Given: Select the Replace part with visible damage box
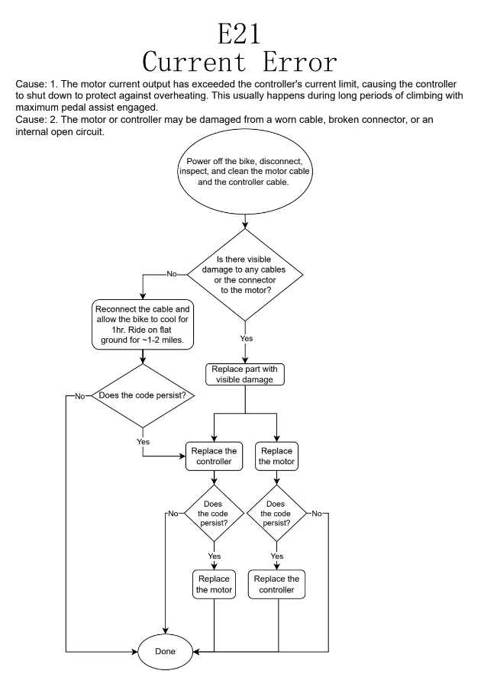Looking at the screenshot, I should [244, 374].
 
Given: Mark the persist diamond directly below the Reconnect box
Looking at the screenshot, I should [143, 395].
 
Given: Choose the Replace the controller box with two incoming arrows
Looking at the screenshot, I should [215, 456].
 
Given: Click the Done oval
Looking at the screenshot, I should [165, 653].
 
